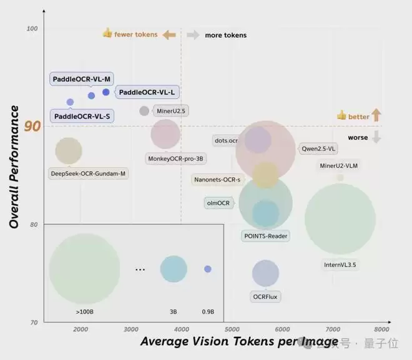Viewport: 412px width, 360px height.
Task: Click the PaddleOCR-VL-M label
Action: (x=81, y=79)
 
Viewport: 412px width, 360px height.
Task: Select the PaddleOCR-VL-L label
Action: (x=147, y=92)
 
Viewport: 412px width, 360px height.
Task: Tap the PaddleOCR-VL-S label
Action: (x=82, y=116)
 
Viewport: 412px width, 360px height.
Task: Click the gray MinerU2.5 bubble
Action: (x=144, y=111)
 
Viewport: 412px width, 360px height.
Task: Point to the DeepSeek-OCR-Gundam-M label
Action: (x=88, y=173)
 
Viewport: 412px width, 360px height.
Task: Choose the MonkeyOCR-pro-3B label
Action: (x=177, y=159)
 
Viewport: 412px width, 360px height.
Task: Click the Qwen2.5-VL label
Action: (x=319, y=149)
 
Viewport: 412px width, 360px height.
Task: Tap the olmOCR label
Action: (x=218, y=203)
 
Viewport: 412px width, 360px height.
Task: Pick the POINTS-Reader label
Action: (x=265, y=236)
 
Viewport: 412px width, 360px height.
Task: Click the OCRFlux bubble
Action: (x=265, y=273)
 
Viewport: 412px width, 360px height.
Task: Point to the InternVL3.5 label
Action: (x=340, y=265)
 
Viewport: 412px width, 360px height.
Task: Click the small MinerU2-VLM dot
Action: (x=340, y=177)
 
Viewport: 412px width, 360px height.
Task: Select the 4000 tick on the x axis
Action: (x=181, y=329)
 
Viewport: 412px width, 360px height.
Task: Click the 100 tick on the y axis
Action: (x=32, y=29)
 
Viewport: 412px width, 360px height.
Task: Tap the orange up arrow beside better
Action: (x=376, y=115)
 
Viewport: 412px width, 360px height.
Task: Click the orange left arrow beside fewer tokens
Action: (x=169, y=35)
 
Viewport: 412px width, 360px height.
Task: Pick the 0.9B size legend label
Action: (x=207, y=311)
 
